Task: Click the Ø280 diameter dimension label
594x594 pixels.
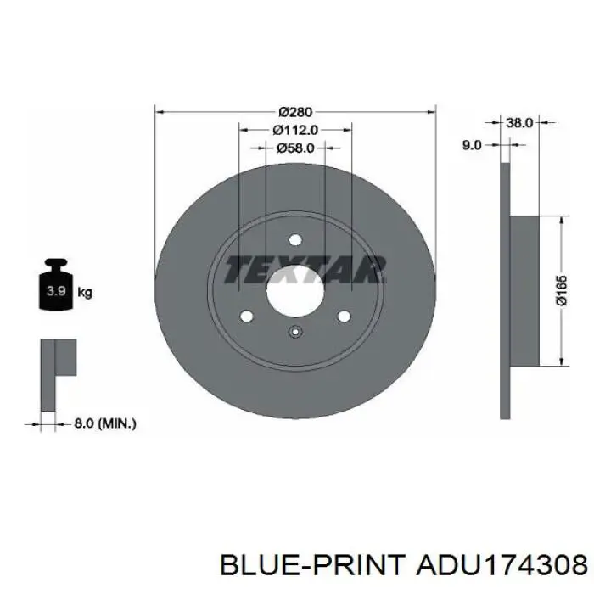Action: point(295,112)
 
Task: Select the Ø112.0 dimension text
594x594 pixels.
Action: point(295,130)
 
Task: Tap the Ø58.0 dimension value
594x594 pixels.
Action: point(295,148)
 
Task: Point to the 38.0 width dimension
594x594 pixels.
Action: point(519,123)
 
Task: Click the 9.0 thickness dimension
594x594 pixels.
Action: point(472,145)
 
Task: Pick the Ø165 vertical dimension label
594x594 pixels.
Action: point(562,290)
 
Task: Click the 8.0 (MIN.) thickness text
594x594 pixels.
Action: point(105,423)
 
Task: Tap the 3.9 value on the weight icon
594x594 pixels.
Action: point(56,291)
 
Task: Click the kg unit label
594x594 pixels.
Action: point(85,293)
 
